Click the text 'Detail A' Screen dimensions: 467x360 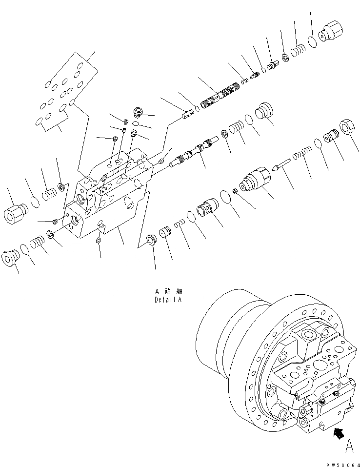click(x=167, y=300)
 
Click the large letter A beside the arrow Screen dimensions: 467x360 click(x=349, y=445)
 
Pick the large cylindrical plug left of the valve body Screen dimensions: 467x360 click(x=17, y=212)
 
